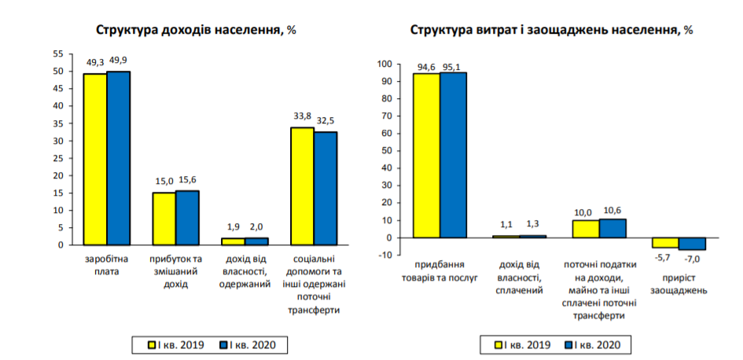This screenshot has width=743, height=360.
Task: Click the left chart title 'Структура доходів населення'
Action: tap(196, 30)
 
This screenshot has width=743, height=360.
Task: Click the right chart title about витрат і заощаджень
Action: tap(551, 30)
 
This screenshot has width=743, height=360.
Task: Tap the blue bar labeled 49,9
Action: tap(119, 157)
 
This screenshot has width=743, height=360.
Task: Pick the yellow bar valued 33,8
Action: tap(302, 186)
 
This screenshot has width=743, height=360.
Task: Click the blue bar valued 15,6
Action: tap(187, 217)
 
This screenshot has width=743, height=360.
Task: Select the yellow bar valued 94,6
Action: tap(427, 155)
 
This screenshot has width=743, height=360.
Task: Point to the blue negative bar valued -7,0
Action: tap(693, 244)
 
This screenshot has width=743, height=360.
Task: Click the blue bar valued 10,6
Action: tap(612, 228)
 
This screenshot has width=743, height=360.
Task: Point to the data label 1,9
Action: tap(233, 228)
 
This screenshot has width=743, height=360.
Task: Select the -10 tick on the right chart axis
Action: tap(384, 255)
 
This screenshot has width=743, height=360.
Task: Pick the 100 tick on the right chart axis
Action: tap(384, 64)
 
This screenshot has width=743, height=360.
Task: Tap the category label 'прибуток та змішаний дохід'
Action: tap(176, 270)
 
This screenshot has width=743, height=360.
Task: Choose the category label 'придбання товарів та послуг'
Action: tap(440, 271)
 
